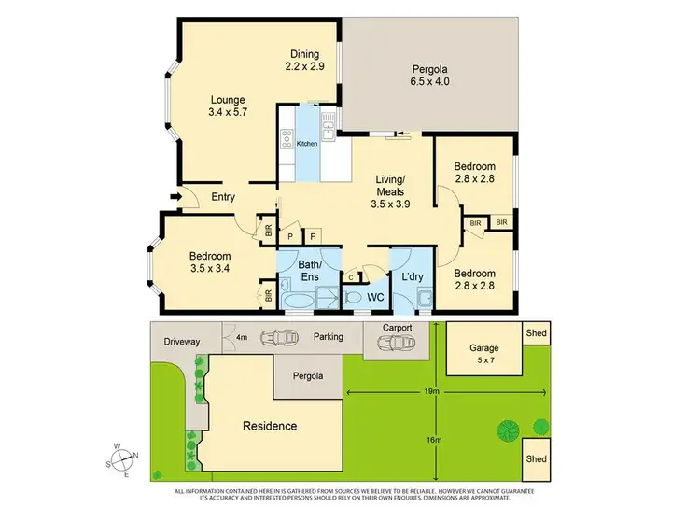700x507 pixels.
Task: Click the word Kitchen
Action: pyautogui.click(x=307, y=144)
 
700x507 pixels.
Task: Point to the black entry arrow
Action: pyautogui.click(x=175, y=196)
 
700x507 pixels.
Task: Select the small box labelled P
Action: pyautogui.click(x=290, y=237)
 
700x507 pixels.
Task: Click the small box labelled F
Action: pyautogui.click(x=312, y=237)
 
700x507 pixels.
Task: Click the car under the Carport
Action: pyautogui.click(x=395, y=344)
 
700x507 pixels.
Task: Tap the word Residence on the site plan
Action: pyautogui.click(x=270, y=426)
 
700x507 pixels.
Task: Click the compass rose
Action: pyautogui.click(x=122, y=459)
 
